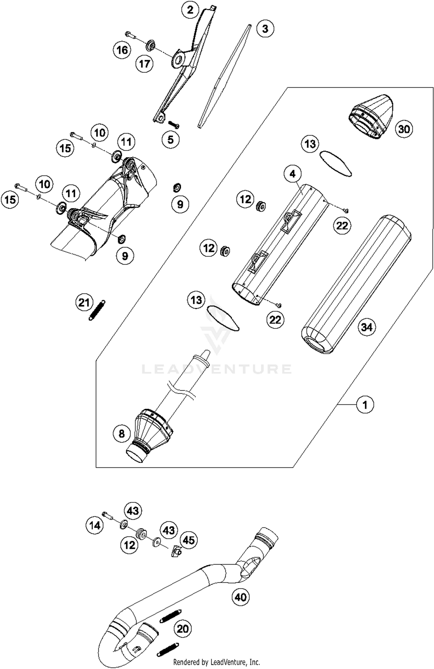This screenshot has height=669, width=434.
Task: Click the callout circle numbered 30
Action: coord(404,129)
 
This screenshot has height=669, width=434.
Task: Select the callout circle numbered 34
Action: coord(367,327)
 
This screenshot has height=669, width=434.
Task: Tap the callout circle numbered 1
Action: coord(365,405)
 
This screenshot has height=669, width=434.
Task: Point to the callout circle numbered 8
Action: coord(122,433)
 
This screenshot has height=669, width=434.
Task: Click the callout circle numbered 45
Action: coord(189,540)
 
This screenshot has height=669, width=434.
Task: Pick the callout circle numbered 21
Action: coord(84,303)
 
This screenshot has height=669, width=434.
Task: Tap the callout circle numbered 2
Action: coord(190,10)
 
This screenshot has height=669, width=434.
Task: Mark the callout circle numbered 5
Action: coord(170,140)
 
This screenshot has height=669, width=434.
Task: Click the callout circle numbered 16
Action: coord(122,50)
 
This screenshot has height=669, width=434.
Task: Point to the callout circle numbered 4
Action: coord(293,174)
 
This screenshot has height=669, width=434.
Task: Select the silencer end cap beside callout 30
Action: coord(370,116)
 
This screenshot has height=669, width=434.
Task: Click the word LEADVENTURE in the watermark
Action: coord(216,369)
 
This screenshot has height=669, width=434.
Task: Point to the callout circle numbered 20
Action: coord(183,628)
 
